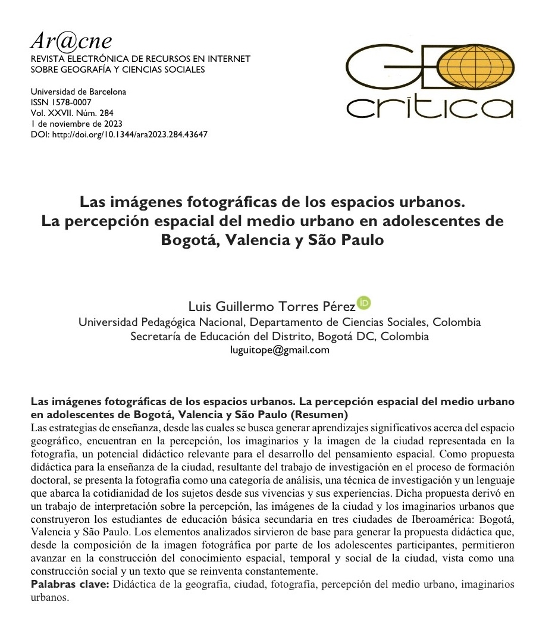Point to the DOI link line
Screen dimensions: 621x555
(x=119, y=134)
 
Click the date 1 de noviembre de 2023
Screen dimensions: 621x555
(x=76, y=124)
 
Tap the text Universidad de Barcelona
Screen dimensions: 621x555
(x=78, y=92)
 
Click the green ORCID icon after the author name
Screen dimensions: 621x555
(x=364, y=303)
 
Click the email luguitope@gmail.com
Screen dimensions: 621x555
(x=280, y=350)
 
